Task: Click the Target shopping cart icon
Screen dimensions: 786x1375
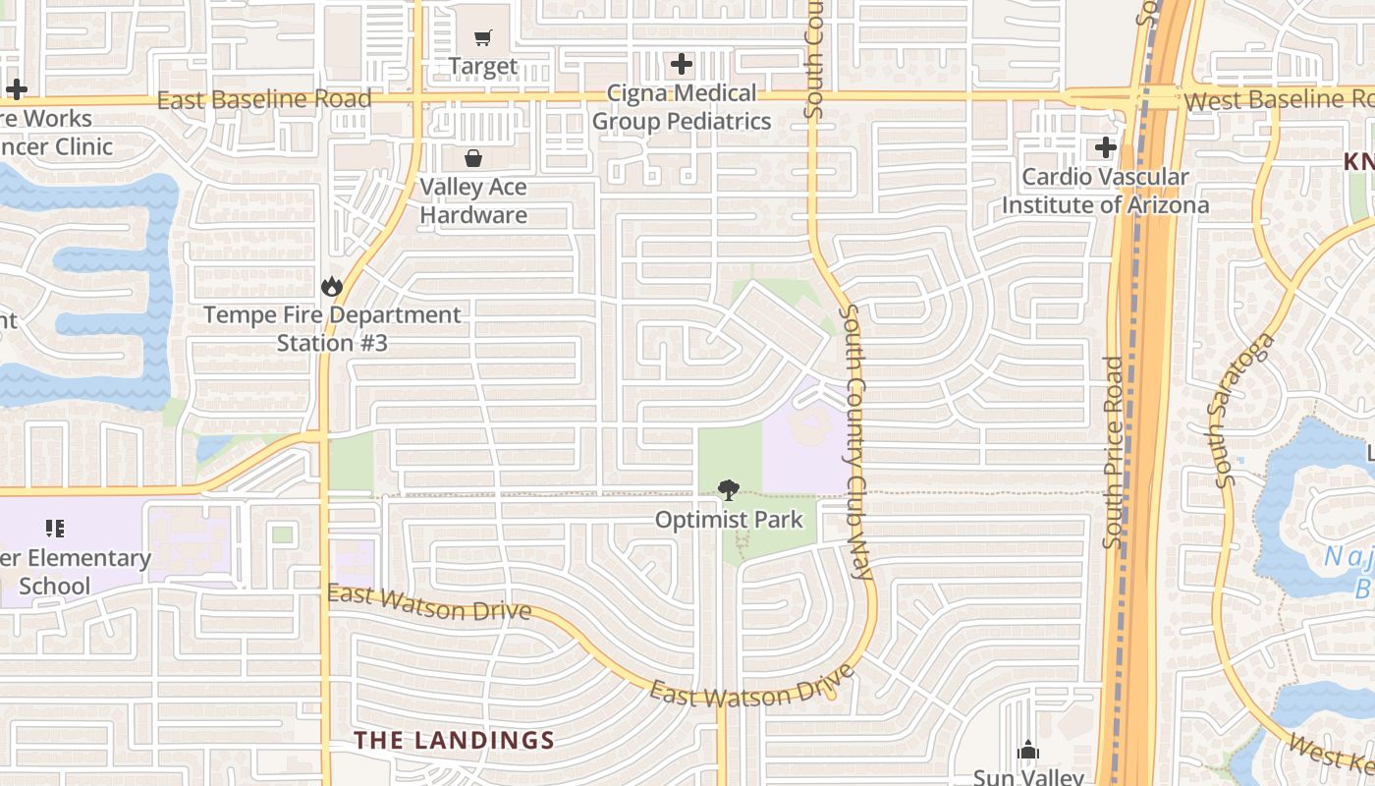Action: tap(482, 38)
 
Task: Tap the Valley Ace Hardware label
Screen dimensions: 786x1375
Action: tap(473, 200)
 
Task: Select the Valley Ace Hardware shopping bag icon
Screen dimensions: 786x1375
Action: tap(473, 158)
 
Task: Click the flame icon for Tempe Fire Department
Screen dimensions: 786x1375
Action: tap(331, 287)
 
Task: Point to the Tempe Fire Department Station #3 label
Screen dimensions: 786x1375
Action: tap(332, 328)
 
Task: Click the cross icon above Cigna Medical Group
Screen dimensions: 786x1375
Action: tap(682, 65)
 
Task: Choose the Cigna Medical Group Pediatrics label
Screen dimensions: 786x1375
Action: tap(682, 107)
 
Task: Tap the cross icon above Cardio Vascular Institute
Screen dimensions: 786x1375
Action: tap(1106, 148)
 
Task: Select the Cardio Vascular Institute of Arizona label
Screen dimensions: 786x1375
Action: tap(1106, 191)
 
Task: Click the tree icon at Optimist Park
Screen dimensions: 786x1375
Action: tap(729, 489)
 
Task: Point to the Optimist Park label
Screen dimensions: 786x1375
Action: tap(729, 520)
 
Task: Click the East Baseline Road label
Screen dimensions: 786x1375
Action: tap(264, 99)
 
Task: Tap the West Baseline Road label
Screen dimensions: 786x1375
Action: tap(1278, 100)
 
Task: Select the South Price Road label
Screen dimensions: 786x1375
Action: tap(1113, 452)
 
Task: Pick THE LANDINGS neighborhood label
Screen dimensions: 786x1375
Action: tap(454, 740)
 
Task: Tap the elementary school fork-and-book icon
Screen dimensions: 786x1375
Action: tap(55, 529)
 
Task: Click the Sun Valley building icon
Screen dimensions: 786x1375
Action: tap(1028, 751)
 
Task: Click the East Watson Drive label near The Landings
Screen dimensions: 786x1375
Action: tap(428, 602)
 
